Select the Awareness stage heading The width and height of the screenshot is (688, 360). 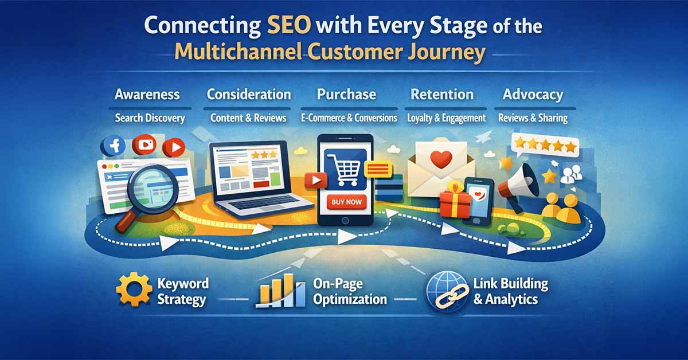pos(147,95)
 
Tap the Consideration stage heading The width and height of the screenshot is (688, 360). pos(249,95)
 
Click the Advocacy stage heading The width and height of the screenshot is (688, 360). pos(533,95)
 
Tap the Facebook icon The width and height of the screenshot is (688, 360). pos(114,146)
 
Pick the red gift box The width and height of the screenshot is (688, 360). pos(455,201)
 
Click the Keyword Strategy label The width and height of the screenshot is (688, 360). pos(183,291)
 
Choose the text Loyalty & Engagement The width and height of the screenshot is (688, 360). pos(446,118)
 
